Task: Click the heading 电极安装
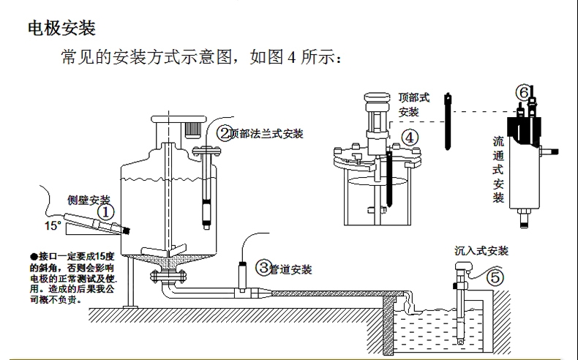[61, 29]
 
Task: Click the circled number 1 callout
[107, 212]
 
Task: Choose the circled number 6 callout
[523, 92]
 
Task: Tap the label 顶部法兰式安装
[266, 134]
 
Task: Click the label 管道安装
[291, 269]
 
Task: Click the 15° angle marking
[53, 225]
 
